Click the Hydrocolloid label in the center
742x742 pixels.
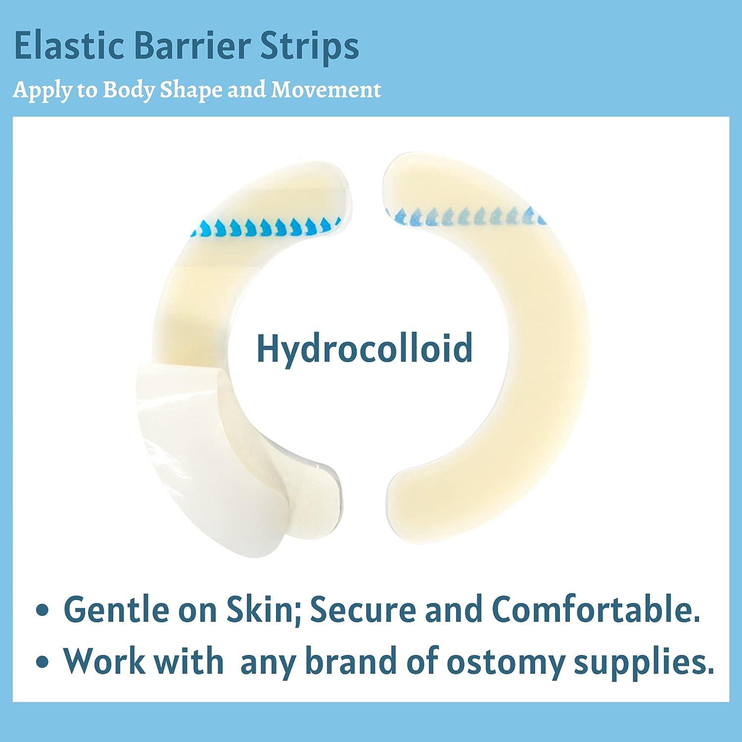tap(365, 348)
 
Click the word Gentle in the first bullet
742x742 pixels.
tap(116, 610)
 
